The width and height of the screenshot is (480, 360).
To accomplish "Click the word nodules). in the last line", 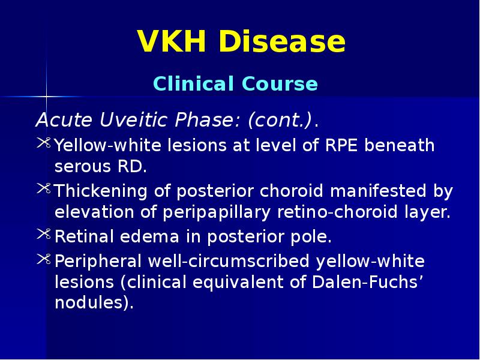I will pyautogui.click(x=93, y=303).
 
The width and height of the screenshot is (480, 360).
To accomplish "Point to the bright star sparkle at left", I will pyautogui.click(x=46, y=95).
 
